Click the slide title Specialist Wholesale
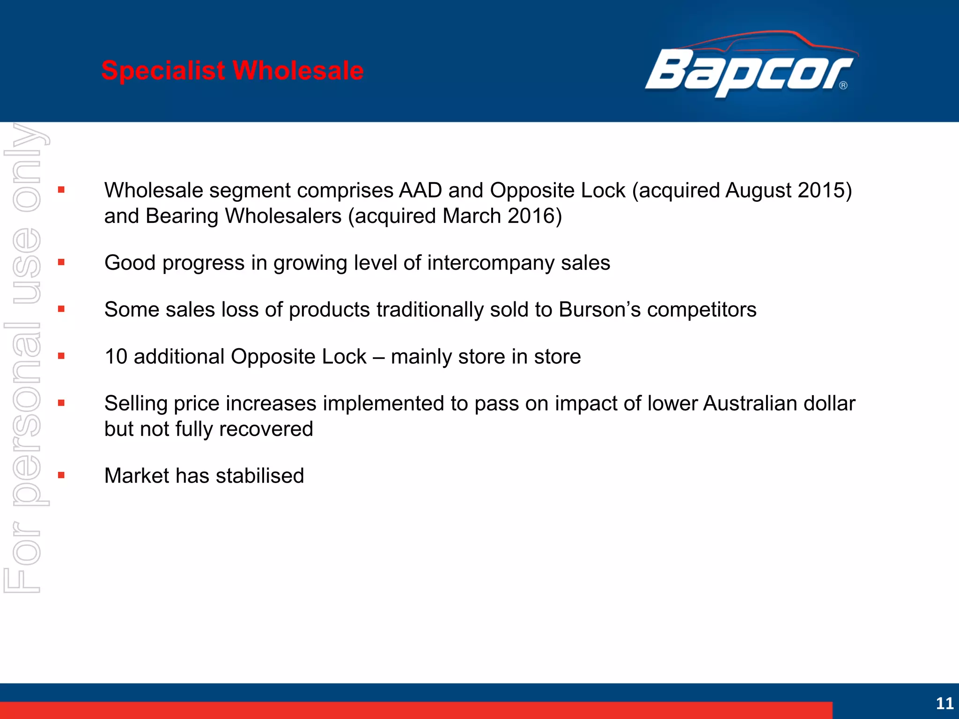232,71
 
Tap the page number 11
944,703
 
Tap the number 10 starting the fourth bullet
116,357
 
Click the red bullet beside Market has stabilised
61,475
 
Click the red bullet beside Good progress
61,262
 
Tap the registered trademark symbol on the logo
843,85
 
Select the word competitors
701,310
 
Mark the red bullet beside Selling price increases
61,403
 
